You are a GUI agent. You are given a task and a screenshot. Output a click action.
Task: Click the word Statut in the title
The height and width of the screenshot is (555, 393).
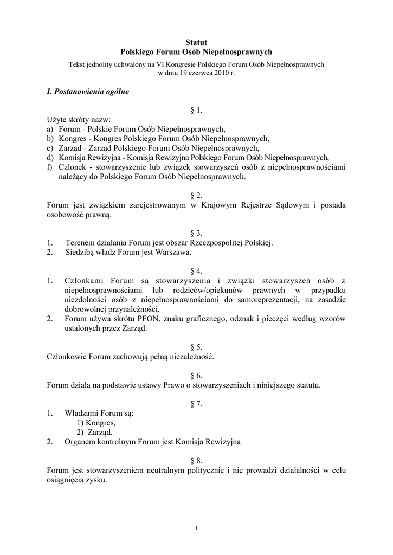pyautogui.click(x=196, y=42)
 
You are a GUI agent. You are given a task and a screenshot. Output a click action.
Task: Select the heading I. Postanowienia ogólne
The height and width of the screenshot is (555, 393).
pyautogui.click(x=88, y=92)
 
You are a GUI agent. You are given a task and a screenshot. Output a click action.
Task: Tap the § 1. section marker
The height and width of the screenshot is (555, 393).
pyautogui.click(x=196, y=111)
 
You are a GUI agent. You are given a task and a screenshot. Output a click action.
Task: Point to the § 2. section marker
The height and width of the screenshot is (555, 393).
pyautogui.click(x=196, y=195)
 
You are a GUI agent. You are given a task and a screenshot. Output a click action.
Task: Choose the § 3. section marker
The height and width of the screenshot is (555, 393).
pyautogui.click(x=196, y=233)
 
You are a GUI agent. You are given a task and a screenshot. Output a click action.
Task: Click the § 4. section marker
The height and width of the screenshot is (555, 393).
pyautogui.click(x=196, y=270)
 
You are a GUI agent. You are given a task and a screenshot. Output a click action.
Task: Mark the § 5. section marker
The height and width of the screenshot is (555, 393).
pyautogui.click(x=196, y=347)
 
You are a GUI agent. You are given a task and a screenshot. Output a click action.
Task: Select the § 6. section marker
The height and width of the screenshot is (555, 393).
pyautogui.click(x=196, y=376)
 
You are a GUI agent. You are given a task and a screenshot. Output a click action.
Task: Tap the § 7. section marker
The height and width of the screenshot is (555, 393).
pyautogui.click(x=196, y=404)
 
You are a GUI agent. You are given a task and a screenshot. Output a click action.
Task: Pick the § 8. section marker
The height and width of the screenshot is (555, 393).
pyautogui.click(x=196, y=460)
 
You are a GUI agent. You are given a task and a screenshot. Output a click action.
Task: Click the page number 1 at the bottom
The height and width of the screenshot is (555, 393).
pyautogui.click(x=196, y=528)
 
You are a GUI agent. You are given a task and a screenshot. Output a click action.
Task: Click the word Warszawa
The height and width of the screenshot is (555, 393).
pyautogui.click(x=175, y=252)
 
